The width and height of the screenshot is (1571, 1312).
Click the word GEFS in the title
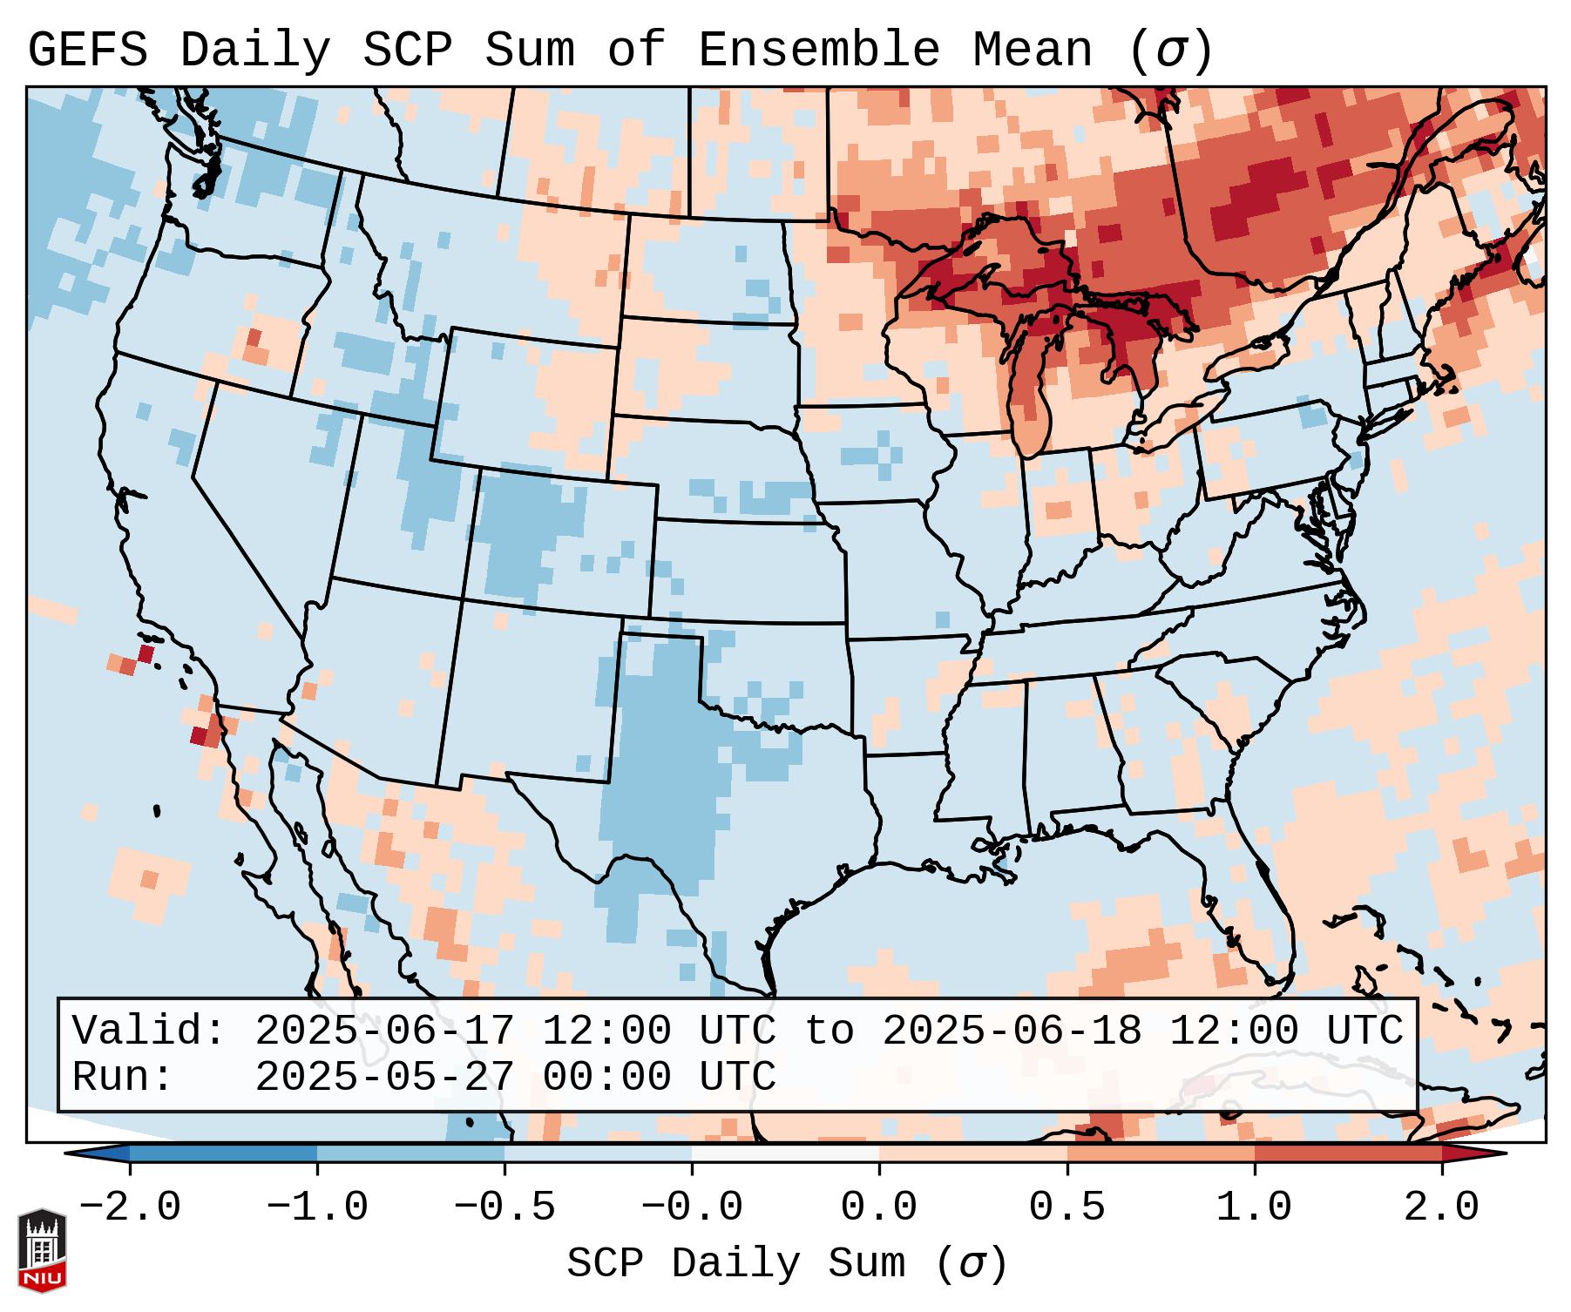[x=87, y=51]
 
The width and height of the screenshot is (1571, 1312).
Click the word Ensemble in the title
[x=818, y=51]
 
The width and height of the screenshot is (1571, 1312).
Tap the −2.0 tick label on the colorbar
[x=131, y=1207]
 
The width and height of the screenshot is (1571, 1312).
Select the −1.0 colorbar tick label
[x=317, y=1207]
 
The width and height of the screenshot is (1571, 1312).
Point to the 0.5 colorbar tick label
[x=1067, y=1207]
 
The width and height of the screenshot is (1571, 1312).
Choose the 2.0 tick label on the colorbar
[x=1441, y=1207]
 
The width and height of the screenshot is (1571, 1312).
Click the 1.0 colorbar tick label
[x=1254, y=1207]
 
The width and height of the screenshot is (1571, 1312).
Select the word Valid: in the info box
[x=149, y=1031]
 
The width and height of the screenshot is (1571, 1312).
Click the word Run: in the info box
[x=123, y=1078]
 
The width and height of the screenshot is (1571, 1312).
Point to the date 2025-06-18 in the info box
[x=1012, y=1031]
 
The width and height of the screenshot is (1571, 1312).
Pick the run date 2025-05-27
[x=384, y=1078]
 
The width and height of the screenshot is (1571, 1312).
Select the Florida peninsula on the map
[x=1263, y=906]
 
